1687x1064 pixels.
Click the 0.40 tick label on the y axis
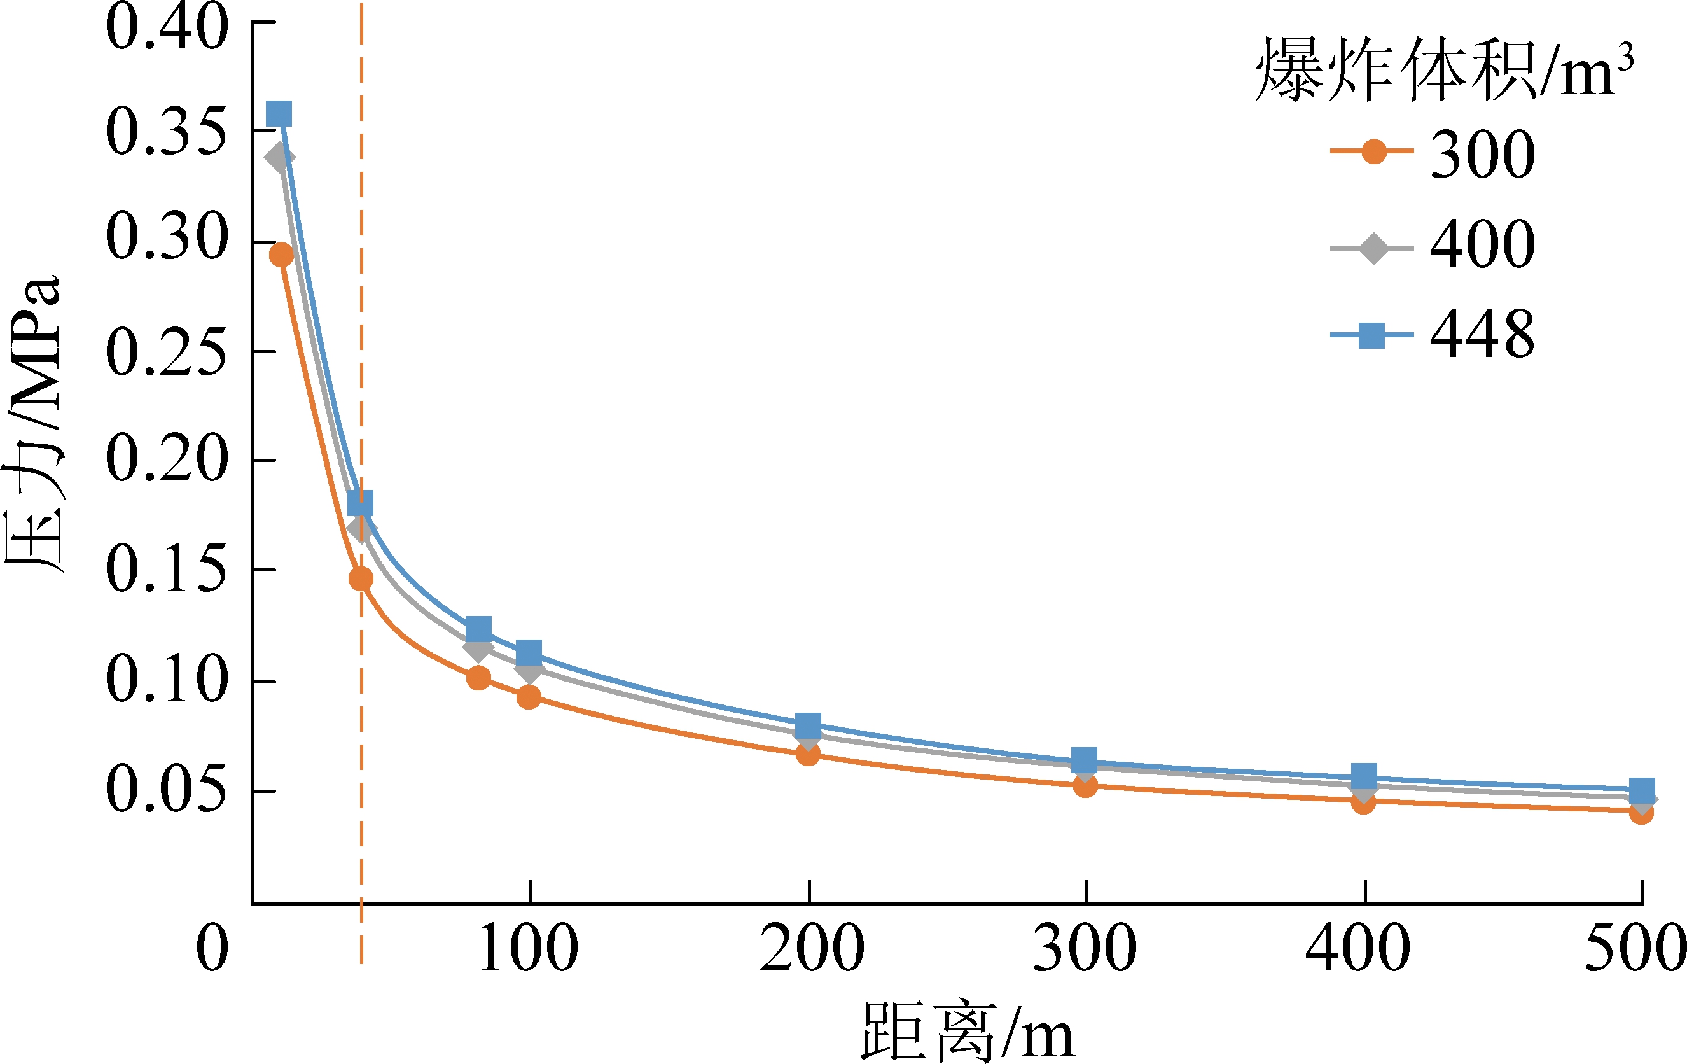(x=167, y=28)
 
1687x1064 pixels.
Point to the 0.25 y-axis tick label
(x=167, y=351)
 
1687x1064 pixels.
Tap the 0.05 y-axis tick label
(x=167, y=790)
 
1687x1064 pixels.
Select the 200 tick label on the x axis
(x=811, y=948)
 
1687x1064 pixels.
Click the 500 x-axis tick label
(x=1636, y=948)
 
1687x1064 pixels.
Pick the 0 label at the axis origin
(x=212, y=948)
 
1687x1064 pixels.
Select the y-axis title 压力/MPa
(x=34, y=421)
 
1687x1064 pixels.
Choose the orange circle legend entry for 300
(x=1373, y=151)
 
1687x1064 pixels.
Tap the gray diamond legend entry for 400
(x=1373, y=248)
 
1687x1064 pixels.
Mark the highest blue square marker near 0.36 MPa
(x=279, y=113)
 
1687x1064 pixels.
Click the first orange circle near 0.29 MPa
(x=282, y=255)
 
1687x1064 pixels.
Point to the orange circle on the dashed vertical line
(x=361, y=579)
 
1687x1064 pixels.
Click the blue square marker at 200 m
(x=809, y=725)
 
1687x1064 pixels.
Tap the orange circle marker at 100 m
(x=529, y=697)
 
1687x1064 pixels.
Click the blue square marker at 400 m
(x=1364, y=776)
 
